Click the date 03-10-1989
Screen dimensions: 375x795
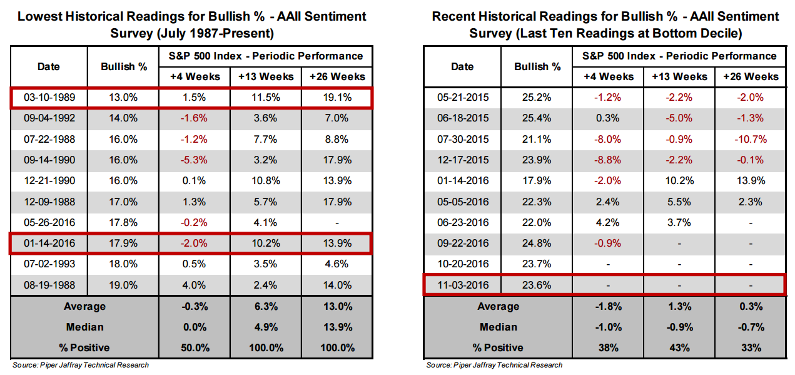point(48,98)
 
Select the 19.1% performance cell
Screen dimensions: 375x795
point(336,98)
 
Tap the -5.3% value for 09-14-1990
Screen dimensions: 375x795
point(195,160)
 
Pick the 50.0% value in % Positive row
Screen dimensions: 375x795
point(195,347)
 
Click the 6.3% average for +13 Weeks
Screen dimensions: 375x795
point(266,307)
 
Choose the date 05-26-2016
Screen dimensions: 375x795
point(48,223)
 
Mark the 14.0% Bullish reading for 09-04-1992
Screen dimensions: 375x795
point(124,118)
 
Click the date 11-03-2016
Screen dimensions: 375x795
point(462,285)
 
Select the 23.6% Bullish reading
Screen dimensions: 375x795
point(537,285)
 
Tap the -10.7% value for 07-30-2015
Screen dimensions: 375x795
point(751,140)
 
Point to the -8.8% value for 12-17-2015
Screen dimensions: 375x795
point(608,160)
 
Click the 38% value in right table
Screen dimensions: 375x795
point(608,347)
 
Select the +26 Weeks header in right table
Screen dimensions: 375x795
point(751,76)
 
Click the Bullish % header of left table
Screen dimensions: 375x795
point(124,66)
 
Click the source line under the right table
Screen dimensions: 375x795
point(494,365)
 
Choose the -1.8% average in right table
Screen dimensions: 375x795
point(608,307)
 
